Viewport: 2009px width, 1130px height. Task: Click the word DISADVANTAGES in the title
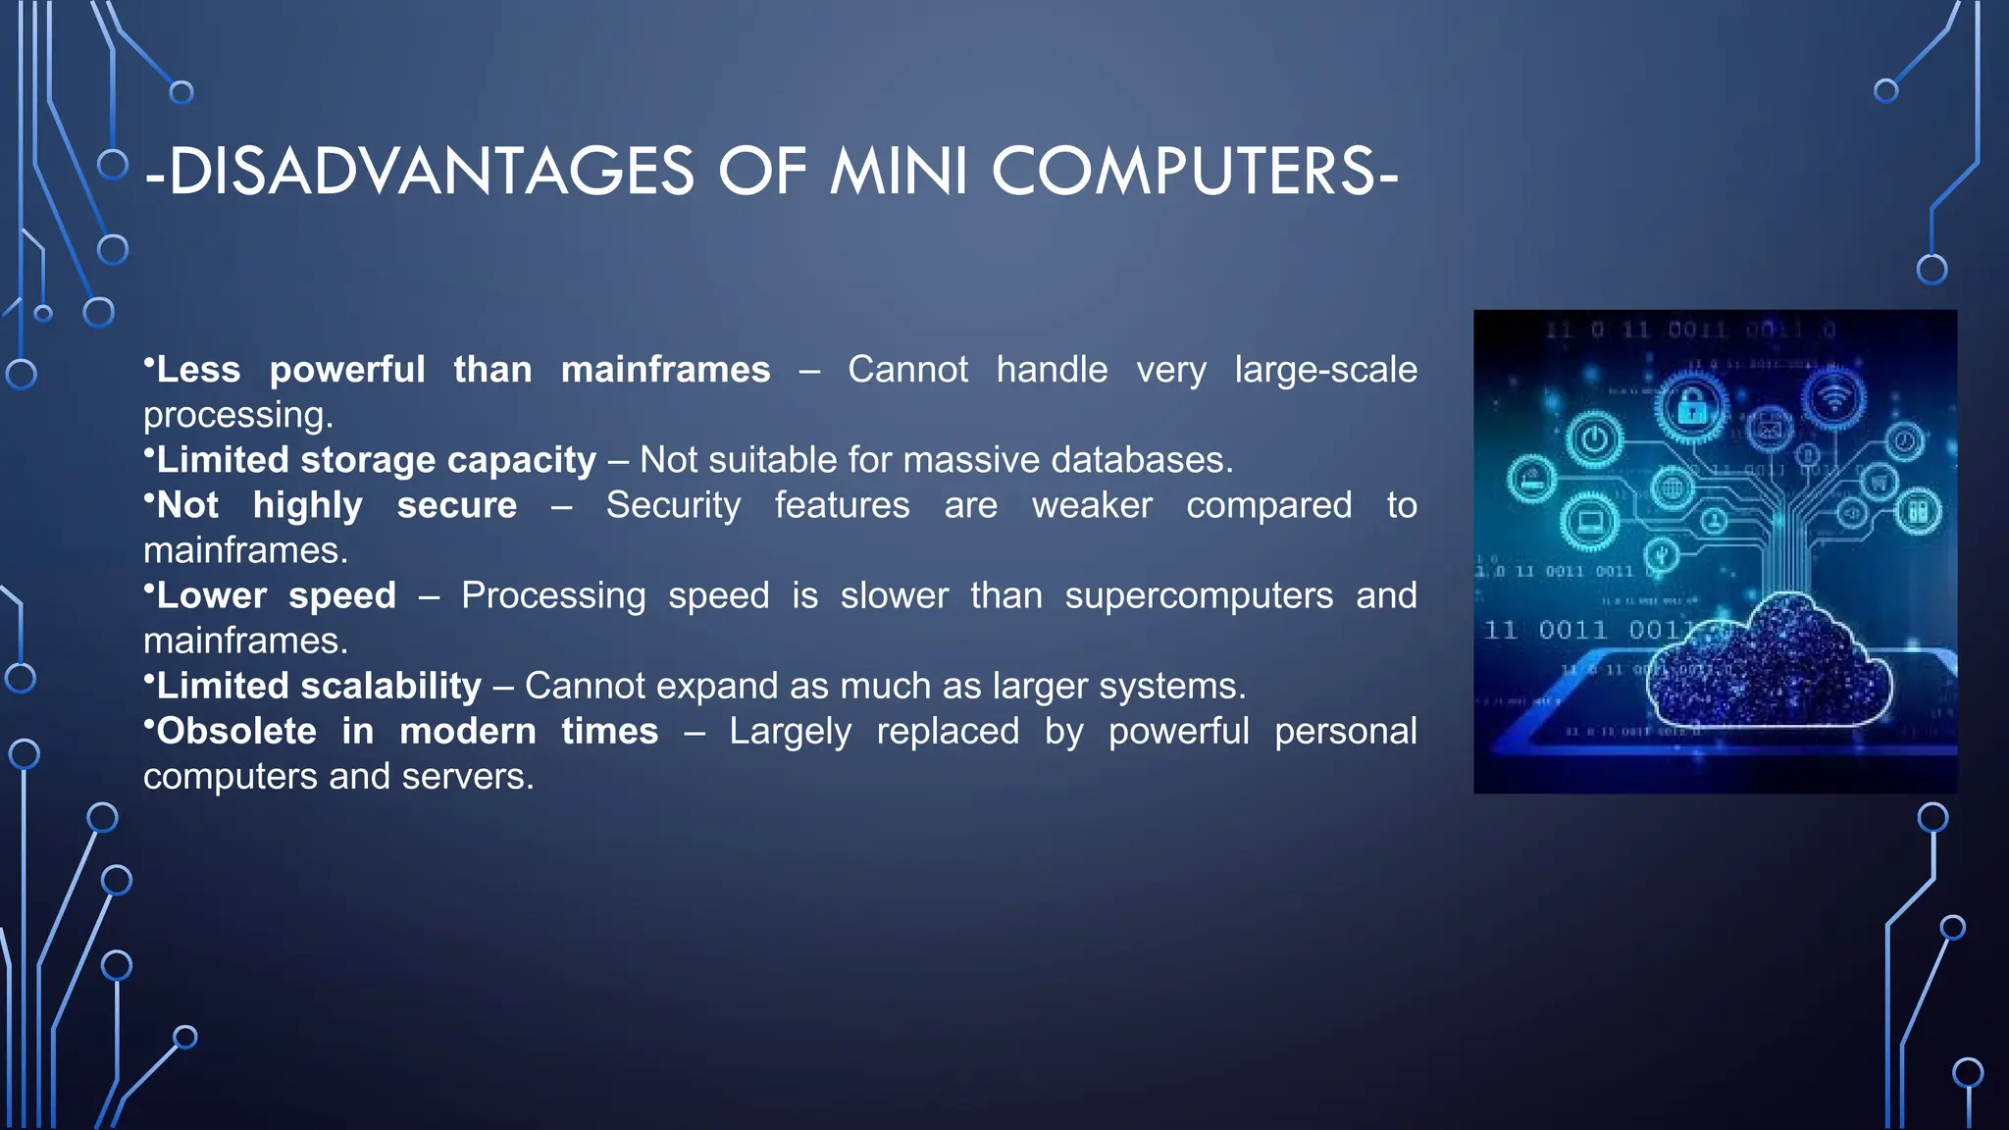pos(432,172)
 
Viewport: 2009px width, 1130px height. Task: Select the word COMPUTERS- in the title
pos(1195,172)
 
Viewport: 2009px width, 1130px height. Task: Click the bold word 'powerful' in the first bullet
pos(347,370)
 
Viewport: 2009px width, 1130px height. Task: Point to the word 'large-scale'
pos(1325,370)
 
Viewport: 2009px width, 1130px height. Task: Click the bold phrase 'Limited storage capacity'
pos(376,460)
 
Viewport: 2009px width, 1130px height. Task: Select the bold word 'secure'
pos(456,505)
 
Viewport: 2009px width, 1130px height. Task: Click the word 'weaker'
pos(1092,505)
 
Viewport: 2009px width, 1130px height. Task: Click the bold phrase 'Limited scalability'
pos(319,686)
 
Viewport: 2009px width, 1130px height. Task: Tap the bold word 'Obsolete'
pos(236,731)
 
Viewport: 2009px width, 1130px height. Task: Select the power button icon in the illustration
pos(1594,438)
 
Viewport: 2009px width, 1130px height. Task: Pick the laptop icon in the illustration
pos(1589,521)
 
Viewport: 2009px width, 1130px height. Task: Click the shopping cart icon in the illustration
pos(1879,482)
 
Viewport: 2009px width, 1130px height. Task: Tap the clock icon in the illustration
pos(1904,442)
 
